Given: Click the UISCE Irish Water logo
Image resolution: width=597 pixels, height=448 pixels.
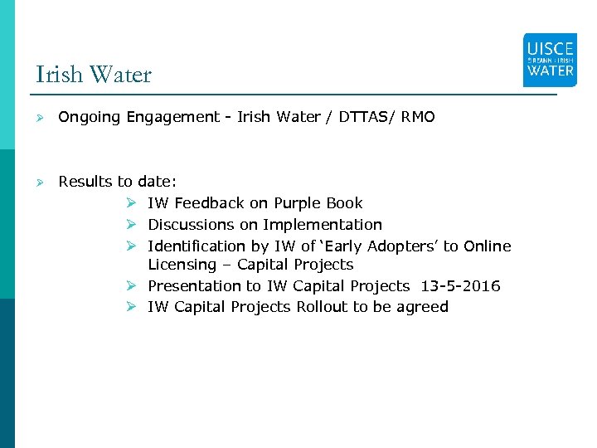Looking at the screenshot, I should pos(550,60).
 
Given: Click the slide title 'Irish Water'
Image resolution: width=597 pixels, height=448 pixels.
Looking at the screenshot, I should pos(94,75).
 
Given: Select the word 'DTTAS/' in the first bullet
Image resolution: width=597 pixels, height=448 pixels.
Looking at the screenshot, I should pos(364,117).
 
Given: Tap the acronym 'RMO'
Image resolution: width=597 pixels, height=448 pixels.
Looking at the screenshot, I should pos(417,117).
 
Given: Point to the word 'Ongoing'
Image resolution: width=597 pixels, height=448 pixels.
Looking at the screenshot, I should pos(90,118).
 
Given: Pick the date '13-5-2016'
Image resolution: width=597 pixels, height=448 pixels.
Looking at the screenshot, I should pos(460,286).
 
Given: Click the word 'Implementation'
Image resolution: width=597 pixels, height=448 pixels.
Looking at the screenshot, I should pos(323,225).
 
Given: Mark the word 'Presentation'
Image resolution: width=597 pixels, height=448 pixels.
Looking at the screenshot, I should pos(194,286).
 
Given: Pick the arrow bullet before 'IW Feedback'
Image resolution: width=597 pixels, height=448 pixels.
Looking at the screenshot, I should pos(132,203).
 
